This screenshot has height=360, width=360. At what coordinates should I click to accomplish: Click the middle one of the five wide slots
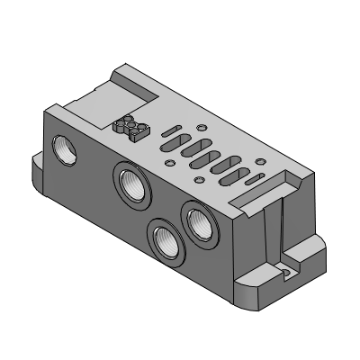coord(200,154)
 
